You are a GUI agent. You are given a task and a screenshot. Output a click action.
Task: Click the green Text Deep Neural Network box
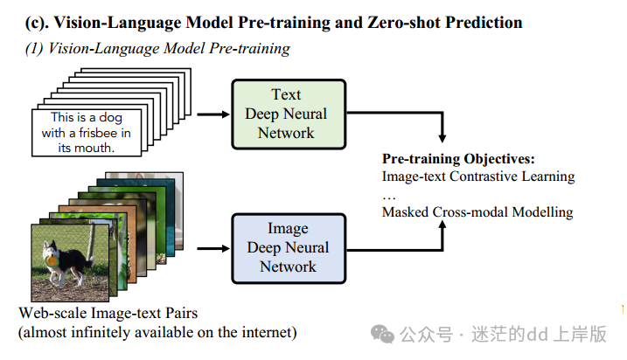point(288,114)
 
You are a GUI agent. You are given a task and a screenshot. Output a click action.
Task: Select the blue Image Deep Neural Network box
point(288,247)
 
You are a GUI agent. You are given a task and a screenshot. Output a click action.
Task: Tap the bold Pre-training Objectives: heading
point(458,159)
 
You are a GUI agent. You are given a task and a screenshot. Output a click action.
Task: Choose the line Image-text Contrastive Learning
point(478,177)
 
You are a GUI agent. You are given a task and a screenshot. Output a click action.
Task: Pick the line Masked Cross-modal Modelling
point(477,211)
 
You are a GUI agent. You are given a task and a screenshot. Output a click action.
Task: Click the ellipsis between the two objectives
point(389,195)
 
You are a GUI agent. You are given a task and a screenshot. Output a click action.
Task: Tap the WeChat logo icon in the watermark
point(382,334)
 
